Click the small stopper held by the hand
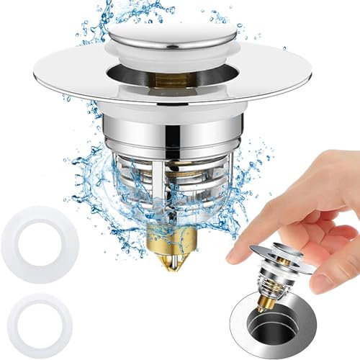(x=276, y=274)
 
